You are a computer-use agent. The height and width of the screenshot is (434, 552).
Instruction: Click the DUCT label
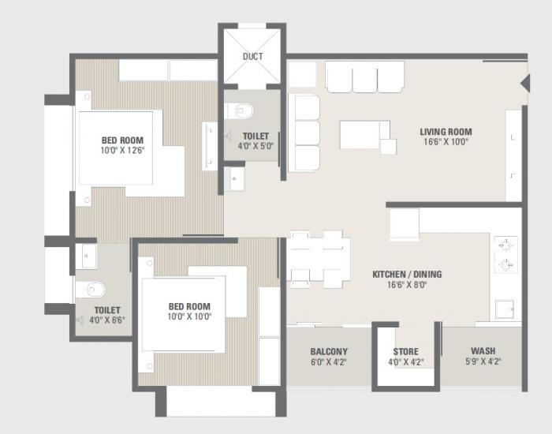[252, 56]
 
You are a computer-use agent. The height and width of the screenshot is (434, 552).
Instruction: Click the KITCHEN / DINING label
[407, 275]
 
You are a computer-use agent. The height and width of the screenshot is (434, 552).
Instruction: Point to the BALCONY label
[329, 352]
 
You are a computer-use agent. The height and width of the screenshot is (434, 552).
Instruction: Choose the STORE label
[406, 352]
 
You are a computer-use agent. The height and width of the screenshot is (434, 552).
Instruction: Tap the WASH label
[483, 352]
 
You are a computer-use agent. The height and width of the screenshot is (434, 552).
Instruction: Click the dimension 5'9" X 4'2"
[483, 362]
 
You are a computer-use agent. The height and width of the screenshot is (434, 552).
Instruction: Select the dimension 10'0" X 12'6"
[121, 150]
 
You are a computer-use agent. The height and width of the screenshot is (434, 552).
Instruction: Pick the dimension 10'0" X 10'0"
[188, 316]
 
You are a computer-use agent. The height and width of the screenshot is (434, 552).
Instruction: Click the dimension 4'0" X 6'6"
[106, 320]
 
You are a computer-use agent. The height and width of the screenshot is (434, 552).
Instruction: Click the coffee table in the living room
[364, 134]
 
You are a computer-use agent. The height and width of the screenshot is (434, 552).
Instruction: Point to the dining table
[318, 258]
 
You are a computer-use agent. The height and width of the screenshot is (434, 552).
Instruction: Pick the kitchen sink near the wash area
[504, 309]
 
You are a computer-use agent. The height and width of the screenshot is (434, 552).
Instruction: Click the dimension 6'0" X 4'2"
[329, 362]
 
